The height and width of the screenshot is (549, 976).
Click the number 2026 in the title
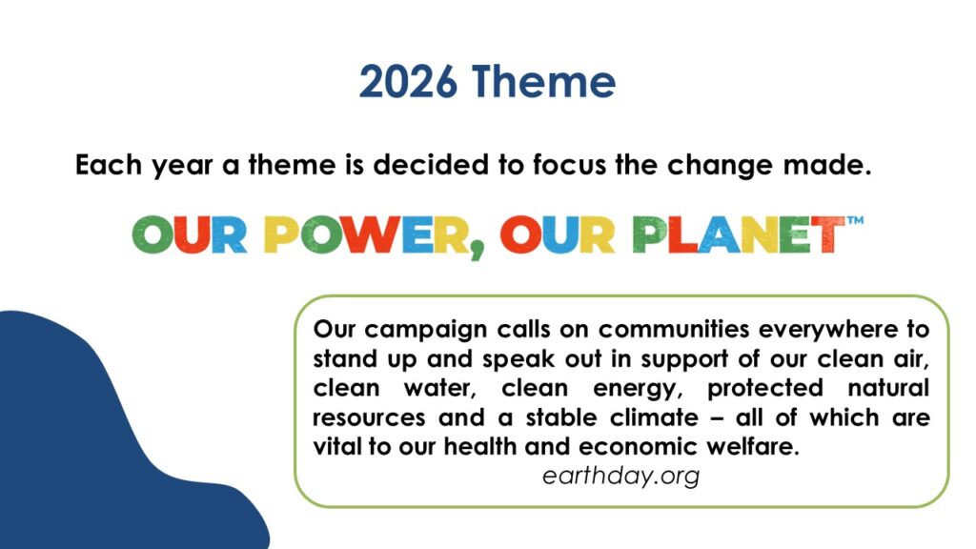pyautogui.click(x=408, y=82)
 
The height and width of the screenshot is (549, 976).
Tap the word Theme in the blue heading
pyautogui.click(x=543, y=82)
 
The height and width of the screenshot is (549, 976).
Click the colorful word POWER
pyautogui.click(x=367, y=234)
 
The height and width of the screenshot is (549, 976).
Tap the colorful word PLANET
pyautogui.click(x=739, y=234)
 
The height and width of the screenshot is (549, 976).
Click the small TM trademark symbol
pyautogui.click(x=855, y=220)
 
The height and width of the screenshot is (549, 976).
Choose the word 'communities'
pyautogui.click(x=672, y=329)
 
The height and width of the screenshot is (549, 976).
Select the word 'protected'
pyautogui.click(x=765, y=389)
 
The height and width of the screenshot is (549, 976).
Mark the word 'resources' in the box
pyautogui.click(x=369, y=417)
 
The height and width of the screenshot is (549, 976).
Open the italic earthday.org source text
pyautogui.click(x=620, y=477)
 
